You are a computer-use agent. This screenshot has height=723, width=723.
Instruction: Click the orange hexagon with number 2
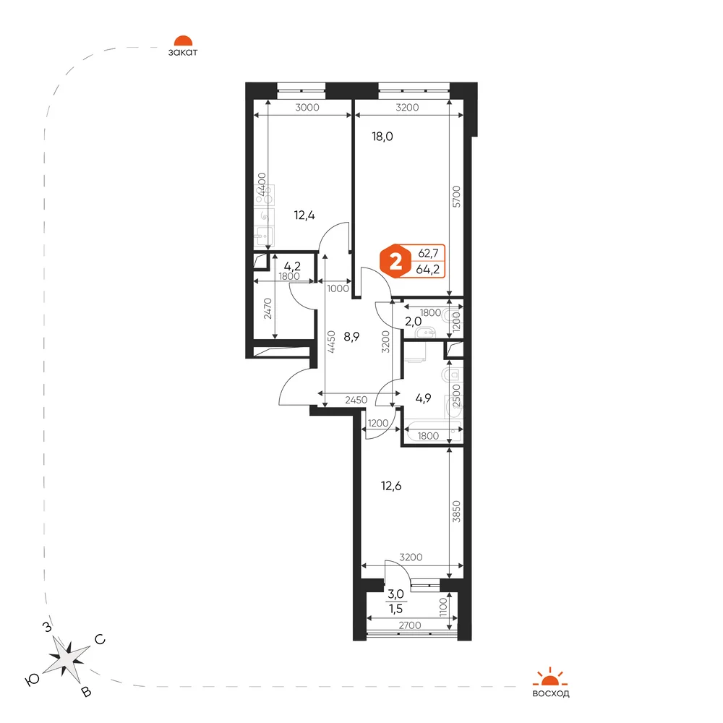tap(395, 262)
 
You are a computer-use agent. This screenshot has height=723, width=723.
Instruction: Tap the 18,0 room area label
tap(382, 137)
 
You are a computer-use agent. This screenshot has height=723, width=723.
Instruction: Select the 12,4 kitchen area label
tap(304, 215)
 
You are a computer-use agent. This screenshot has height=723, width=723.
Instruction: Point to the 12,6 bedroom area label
tap(391, 486)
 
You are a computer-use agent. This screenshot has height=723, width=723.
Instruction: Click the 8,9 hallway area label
tap(351, 337)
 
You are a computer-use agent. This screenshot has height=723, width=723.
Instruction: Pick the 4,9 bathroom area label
tap(423, 398)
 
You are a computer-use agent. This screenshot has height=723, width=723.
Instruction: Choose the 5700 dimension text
tap(456, 197)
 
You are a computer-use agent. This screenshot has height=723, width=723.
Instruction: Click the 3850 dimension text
tap(456, 511)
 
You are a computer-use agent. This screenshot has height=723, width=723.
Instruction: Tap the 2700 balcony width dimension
tap(410, 625)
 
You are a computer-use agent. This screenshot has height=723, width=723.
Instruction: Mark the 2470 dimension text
tap(268, 309)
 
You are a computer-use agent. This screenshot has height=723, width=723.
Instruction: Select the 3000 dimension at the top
tap(307, 108)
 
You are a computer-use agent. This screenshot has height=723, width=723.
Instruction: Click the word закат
tap(183, 52)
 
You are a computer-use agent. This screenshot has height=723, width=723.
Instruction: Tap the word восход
tap(550, 693)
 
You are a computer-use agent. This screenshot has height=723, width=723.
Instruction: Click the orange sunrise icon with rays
tap(550, 677)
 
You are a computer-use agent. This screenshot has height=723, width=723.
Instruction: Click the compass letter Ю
tap(32, 680)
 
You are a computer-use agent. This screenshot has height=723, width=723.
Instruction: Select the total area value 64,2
tap(427, 269)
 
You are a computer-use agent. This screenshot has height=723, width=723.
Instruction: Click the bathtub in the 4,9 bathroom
tap(433, 432)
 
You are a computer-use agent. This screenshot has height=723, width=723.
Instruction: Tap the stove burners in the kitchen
tap(264, 195)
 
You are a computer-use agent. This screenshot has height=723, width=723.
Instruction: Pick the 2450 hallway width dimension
tap(356, 400)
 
